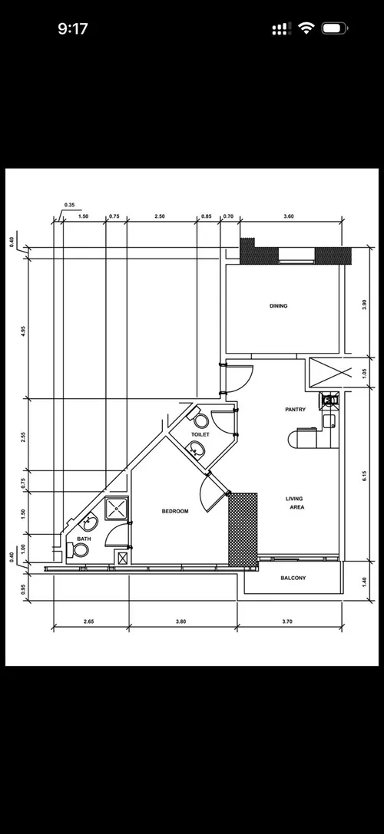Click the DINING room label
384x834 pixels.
click(278, 306)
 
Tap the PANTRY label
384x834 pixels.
click(295, 410)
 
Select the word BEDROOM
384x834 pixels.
click(175, 511)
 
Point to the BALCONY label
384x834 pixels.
click(293, 578)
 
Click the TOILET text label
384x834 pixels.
click(200, 434)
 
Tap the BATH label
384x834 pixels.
click(84, 539)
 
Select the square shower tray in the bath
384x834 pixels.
click(117, 507)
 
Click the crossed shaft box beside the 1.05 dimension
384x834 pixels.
click(321, 372)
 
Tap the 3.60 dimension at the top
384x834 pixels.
click(289, 217)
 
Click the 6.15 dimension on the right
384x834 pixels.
click(364, 476)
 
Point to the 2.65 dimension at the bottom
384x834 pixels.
click(89, 622)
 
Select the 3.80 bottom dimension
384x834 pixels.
click(182, 622)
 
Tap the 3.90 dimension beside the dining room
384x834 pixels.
click(364, 303)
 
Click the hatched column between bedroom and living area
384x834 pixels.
click(243, 528)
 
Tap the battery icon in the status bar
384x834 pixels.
click(334, 28)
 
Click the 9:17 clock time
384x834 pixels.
click(73, 28)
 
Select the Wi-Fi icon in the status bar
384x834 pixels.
click(306, 28)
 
